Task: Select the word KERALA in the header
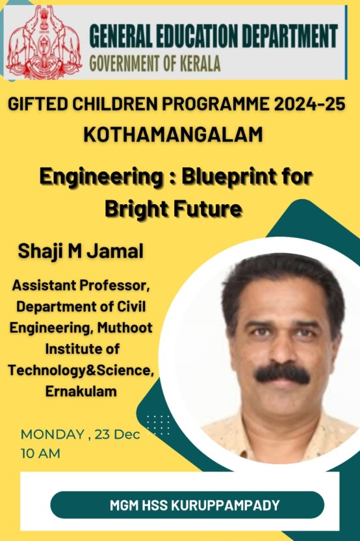click(x=200, y=64)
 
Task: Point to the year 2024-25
click(x=310, y=104)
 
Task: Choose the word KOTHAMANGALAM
click(x=174, y=135)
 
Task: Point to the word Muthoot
click(x=125, y=328)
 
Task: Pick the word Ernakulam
click(x=81, y=391)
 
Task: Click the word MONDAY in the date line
click(x=53, y=434)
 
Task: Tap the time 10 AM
click(x=40, y=453)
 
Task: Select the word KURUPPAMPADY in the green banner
click(x=225, y=505)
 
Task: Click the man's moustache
click(x=282, y=374)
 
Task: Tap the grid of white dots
click(x=159, y=425)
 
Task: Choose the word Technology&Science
click(x=81, y=370)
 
